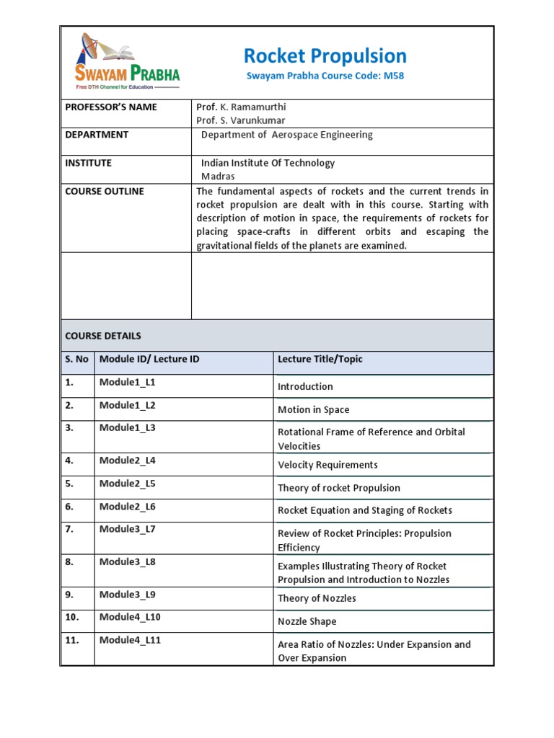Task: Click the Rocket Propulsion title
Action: click(x=325, y=55)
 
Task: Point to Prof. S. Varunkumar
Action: click(x=240, y=120)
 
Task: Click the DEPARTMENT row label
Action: click(x=97, y=135)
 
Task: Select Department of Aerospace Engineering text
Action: click(x=286, y=135)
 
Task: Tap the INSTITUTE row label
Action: click(x=89, y=163)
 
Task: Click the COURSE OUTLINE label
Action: click(x=105, y=191)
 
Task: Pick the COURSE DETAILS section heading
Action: click(x=103, y=336)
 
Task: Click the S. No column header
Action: click(x=76, y=359)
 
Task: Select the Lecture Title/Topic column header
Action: click(x=320, y=359)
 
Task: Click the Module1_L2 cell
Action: click(x=128, y=405)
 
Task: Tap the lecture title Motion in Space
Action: click(x=313, y=409)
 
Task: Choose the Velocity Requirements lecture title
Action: click(x=327, y=465)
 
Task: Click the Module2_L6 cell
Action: click(x=128, y=507)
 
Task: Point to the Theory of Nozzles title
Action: click(x=317, y=598)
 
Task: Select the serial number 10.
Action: click(x=72, y=617)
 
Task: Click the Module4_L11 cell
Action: click(x=131, y=640)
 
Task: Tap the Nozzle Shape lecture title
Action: click(x=307, y=621)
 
